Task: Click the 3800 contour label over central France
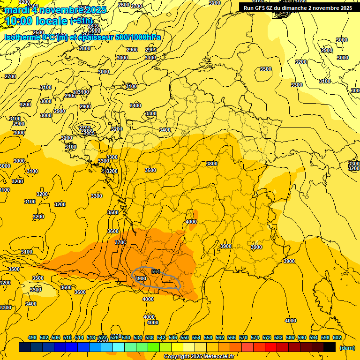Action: [x=212, y=164]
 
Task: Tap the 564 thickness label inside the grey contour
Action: [x=156, y=271]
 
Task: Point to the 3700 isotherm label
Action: [x=120, y=242]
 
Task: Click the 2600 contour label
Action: [x=124, y=5]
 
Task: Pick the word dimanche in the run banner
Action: [x=303, y=7]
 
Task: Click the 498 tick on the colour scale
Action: [x=32, y=337]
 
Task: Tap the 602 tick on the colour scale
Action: [x=337, y=337]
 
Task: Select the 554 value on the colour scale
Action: [x=196, y=337]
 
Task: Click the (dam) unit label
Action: [x=347, y=347]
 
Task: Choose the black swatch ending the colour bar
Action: [x=330, y=347]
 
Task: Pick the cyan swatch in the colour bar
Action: [x=119, y=347]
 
